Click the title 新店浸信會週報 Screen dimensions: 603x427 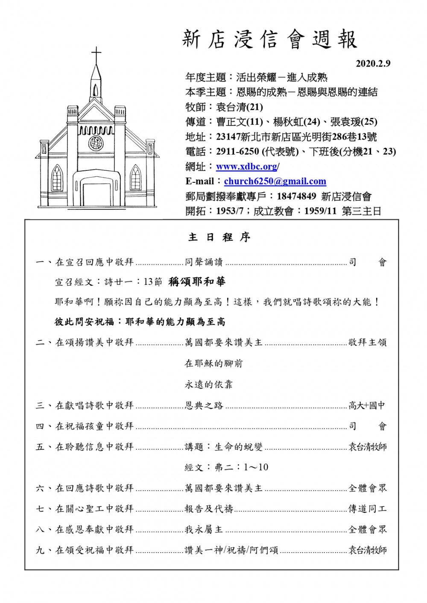tap(269, 40)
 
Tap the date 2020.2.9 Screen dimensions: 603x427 tap(373, 64)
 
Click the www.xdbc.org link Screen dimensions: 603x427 tap(247, 167)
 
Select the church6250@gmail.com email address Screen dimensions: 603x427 tap(275, 181)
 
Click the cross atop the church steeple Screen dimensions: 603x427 tap(97, 54)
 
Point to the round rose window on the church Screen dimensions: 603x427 tap(96, 143)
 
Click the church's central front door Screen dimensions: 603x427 tap(96, 195)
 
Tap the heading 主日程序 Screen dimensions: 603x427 tap(219, 237)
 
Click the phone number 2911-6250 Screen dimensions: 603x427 tap(237, 152)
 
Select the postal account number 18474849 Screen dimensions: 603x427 tap(296, 196)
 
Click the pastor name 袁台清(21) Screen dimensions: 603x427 tap(240, 107)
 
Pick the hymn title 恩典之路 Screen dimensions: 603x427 tap(204, 406)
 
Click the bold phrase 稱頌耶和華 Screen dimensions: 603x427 tap(197, 281)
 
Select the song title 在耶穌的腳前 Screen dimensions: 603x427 tap(213, 363)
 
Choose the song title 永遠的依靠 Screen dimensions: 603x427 tap(208, 384)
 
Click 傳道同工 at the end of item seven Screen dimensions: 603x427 tap(367, 509)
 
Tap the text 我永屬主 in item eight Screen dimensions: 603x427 tap(204, 530)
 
